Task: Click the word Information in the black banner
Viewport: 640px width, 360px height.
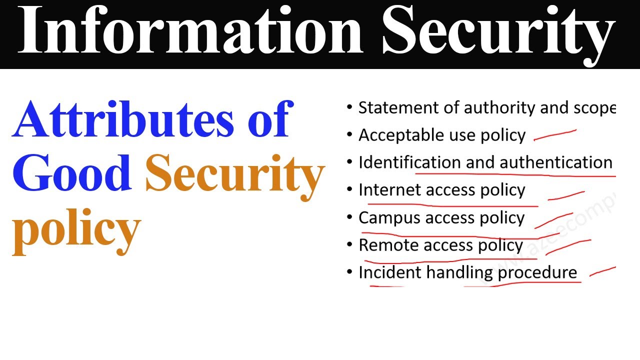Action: coord(190,31)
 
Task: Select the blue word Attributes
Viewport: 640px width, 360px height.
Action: coord(123,120)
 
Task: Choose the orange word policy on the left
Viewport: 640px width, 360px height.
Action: coord(76,229)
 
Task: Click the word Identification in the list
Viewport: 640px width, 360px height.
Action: coord(410,162)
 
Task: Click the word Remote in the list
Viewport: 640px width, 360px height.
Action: coord(388,245)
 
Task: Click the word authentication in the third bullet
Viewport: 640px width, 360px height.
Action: coord(556,162)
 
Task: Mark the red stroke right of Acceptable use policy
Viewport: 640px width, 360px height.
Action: coord(555,134)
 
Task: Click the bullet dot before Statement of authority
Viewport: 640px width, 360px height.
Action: coord(349,107)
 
